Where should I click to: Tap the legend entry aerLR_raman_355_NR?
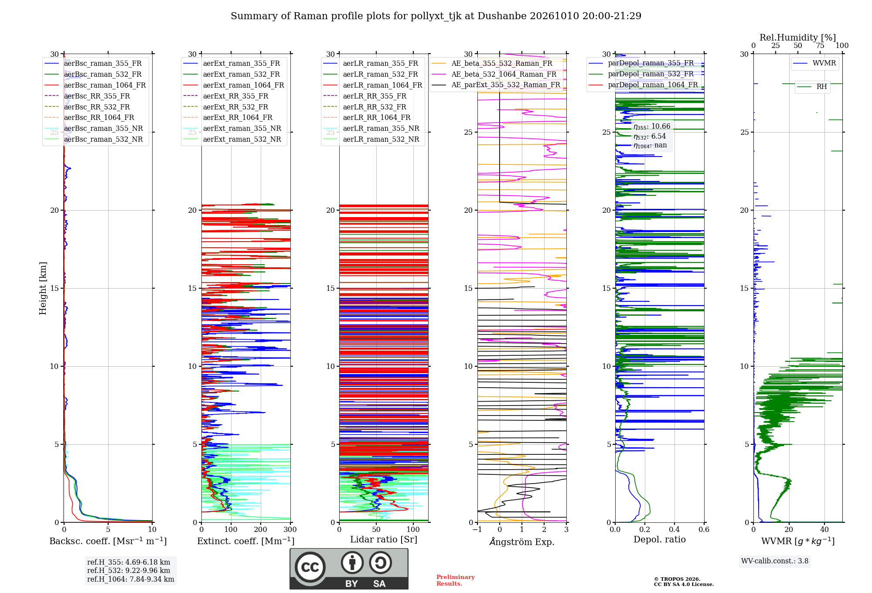(371, 128)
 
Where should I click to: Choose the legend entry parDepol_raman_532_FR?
(641, 74)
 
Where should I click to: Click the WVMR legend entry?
(814, 63)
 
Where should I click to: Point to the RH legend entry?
(812, 87)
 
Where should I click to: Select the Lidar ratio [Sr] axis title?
(384, 539)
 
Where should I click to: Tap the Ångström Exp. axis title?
(522, 542)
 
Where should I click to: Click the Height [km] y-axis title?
(43, 288)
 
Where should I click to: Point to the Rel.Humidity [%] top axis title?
(798, 37)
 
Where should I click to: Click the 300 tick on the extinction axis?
(290, 529)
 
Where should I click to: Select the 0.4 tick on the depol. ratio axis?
(674, 529)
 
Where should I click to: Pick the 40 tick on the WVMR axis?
(824, 529)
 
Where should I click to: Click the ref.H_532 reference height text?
(129, 570)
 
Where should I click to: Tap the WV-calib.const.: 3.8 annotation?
(775, 561)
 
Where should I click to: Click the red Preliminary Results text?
(456, 580)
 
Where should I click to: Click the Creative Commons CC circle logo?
(310, 567)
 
